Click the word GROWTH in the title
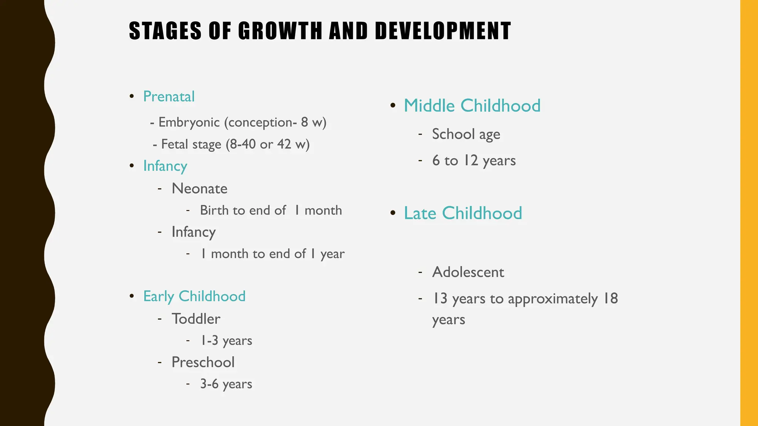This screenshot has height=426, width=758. [x=280, y=31]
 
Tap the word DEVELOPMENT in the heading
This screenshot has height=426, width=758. [x=443, y=31]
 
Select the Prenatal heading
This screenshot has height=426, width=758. [x=169, y=97]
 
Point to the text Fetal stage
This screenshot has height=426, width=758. [x=191, y=144]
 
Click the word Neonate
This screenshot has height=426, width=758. [x=199, y=189]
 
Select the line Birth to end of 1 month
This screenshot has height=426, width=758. [x=271, y=210]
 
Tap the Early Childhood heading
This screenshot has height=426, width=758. [x=194, y=296]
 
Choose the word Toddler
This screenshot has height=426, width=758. [x=196, y=319]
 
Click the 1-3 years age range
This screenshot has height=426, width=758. [x=226, y=341]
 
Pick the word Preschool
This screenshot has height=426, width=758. [x=203, y=362]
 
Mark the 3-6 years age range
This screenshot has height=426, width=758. [x=226, y=384]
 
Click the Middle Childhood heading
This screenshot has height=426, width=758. [x=472, y=106]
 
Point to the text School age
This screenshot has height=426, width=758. [x=466, y=134]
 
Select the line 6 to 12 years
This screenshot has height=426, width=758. [x=474, y=160]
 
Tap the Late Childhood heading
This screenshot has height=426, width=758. [x=463, y=213]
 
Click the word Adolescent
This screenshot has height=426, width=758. [x=468, y=272]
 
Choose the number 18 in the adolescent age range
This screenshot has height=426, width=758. [x=611, y=298]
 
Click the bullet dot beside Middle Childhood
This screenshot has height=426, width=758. [x=393, y=106]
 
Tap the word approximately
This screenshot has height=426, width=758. [x=553, y=299]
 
